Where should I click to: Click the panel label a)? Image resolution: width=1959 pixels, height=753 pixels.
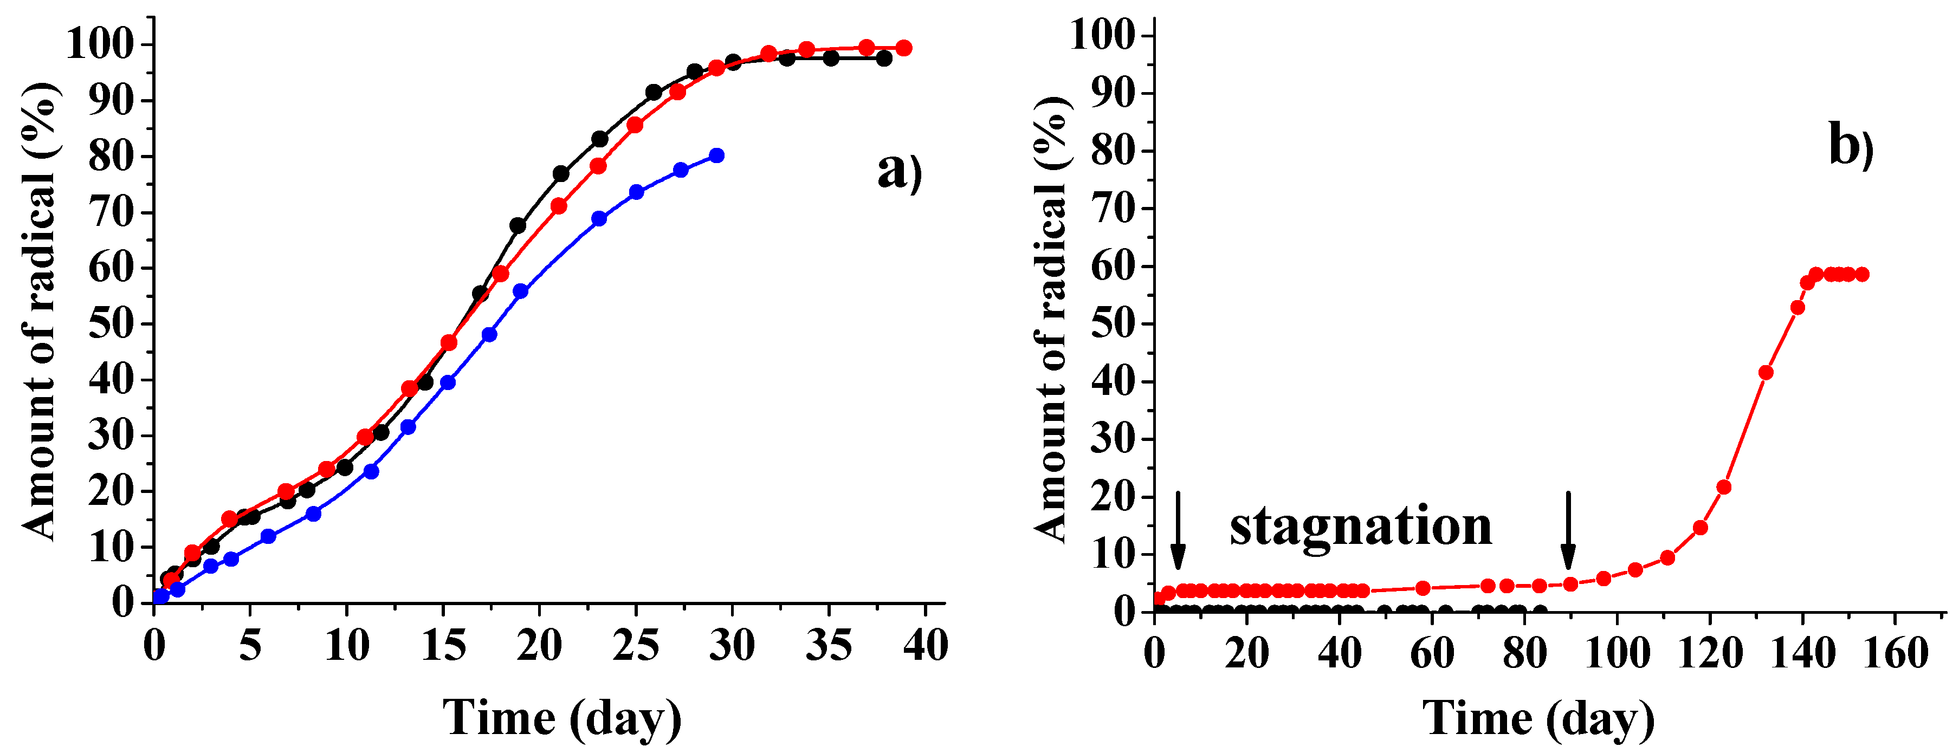pyautogui.click(x=899, y=171)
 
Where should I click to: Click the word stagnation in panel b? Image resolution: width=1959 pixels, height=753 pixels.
pyautogui.click(x=1361, y=527)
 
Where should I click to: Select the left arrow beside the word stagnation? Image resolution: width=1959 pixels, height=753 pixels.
pyautogui.click(x=1177, y=530)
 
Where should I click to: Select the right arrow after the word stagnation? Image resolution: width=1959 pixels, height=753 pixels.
pyautogui.click(x=1567, y=530)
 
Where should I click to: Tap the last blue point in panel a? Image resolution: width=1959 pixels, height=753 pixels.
pyautogui.click(x=716, y=155)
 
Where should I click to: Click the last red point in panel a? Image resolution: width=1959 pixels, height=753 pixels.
pyautogui.click(x=903, y=48)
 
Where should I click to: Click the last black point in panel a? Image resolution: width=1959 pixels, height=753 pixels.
pyautogui.click(x=884, y=58)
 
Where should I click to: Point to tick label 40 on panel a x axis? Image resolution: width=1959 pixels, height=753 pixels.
pyautogui.click(x=926, y=646)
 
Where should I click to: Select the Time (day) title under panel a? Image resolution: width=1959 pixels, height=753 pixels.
pyautogui.click(x=562, y=717)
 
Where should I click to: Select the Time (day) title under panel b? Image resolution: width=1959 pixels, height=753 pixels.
pyautogui.click(x=1538, y=717)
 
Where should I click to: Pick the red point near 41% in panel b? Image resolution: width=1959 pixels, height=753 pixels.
pyautogui.click(x=1766, y=373)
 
